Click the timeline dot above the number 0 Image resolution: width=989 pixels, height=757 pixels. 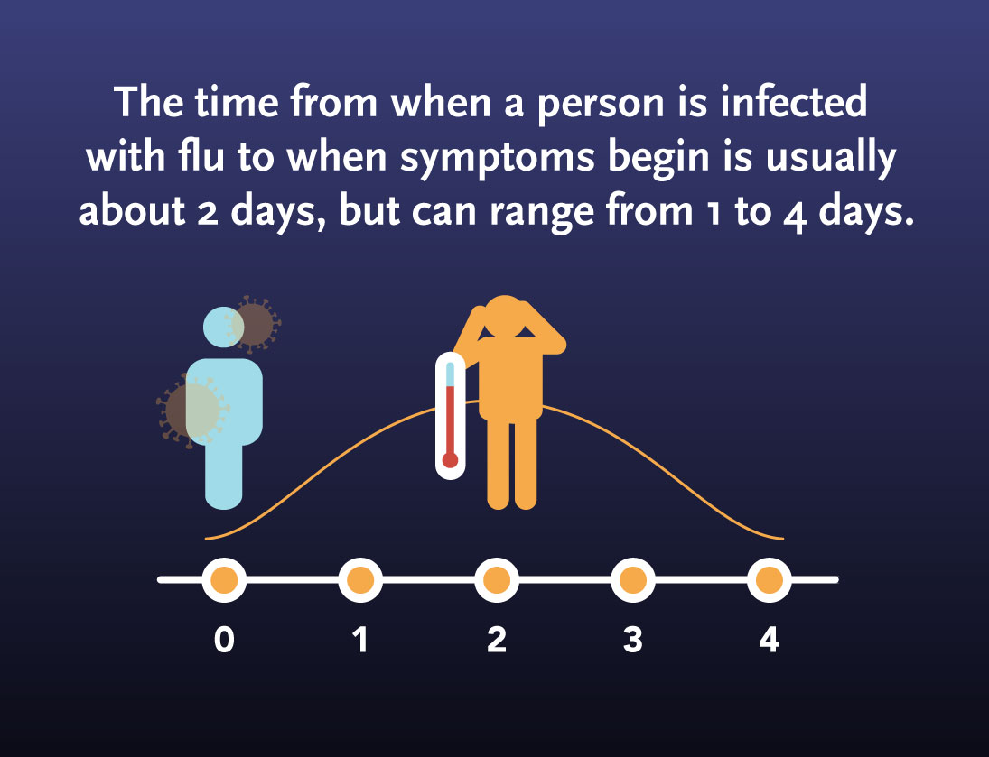(x=225, y=580)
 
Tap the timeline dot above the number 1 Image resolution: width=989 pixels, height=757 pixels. (x=360, y=580)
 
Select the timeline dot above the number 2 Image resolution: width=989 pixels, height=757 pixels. (x=497, y=580)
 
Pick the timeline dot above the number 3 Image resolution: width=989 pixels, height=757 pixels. (x=633, y=580)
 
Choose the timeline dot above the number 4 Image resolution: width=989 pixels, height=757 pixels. (x=770, y=580)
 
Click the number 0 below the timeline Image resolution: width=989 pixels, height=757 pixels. (x=225, y=640)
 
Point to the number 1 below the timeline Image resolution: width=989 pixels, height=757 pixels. (x=360, y=640)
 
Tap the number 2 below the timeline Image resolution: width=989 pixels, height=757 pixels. (x=497, y=640)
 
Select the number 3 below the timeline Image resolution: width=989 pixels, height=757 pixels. (x=633, y=640)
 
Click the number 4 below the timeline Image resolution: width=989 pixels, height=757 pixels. (x=770, y=640)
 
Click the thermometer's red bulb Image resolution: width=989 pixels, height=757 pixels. (x=451, y=460)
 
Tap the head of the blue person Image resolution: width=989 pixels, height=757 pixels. (x=224, y=328)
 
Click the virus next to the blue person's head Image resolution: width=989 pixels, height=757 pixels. (x=253, y=324)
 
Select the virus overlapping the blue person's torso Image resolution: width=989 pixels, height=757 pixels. (x=192, y=411)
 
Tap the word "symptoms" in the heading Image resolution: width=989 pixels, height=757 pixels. (x=498, y=158)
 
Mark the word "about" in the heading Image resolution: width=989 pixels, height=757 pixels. (x=133, y=210)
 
